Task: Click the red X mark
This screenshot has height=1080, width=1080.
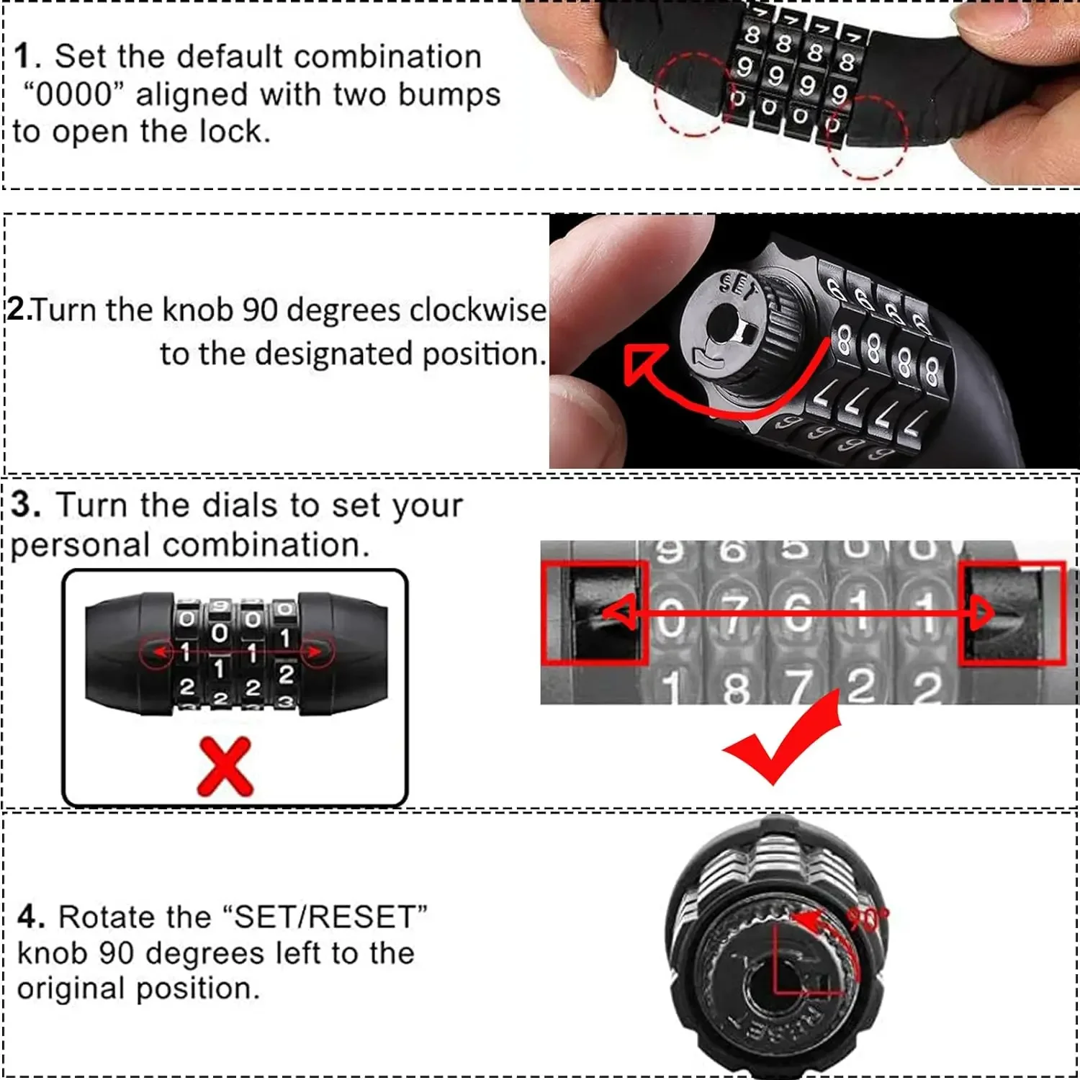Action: [x=225, y=766]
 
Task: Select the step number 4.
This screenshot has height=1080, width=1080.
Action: [x=31, y=917]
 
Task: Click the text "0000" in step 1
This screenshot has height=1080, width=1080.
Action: [x=74, y=94]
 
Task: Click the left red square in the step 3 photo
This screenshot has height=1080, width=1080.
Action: [x=595, y=613]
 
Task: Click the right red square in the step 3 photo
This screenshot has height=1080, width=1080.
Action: [x=1012, y=613]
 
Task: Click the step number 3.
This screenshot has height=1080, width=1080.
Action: [x=25, y=504]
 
